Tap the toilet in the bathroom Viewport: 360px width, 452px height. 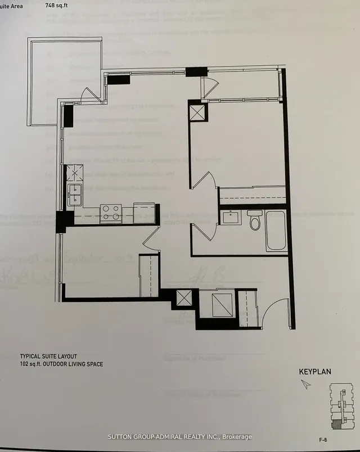pyautogui.click(x=255, y=220)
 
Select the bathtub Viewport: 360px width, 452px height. pyautogui.click(x=276, y=230)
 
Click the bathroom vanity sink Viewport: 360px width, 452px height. pyautogui.click(x=231, y=217)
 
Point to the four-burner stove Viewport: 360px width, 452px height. pyautogui.click(x=111, y=212)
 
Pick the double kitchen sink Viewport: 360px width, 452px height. pyautogui.click(x=75, y=195)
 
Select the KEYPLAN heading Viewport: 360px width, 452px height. pyautogui.click(x=314, y=371)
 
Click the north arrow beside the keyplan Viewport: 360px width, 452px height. pyautogui.click(x=305, y=384)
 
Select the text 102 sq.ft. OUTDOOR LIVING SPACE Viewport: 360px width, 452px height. pyautogui.click(x=61, y=364)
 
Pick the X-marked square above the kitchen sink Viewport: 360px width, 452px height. pyautogui.click(x=75, y=173)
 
